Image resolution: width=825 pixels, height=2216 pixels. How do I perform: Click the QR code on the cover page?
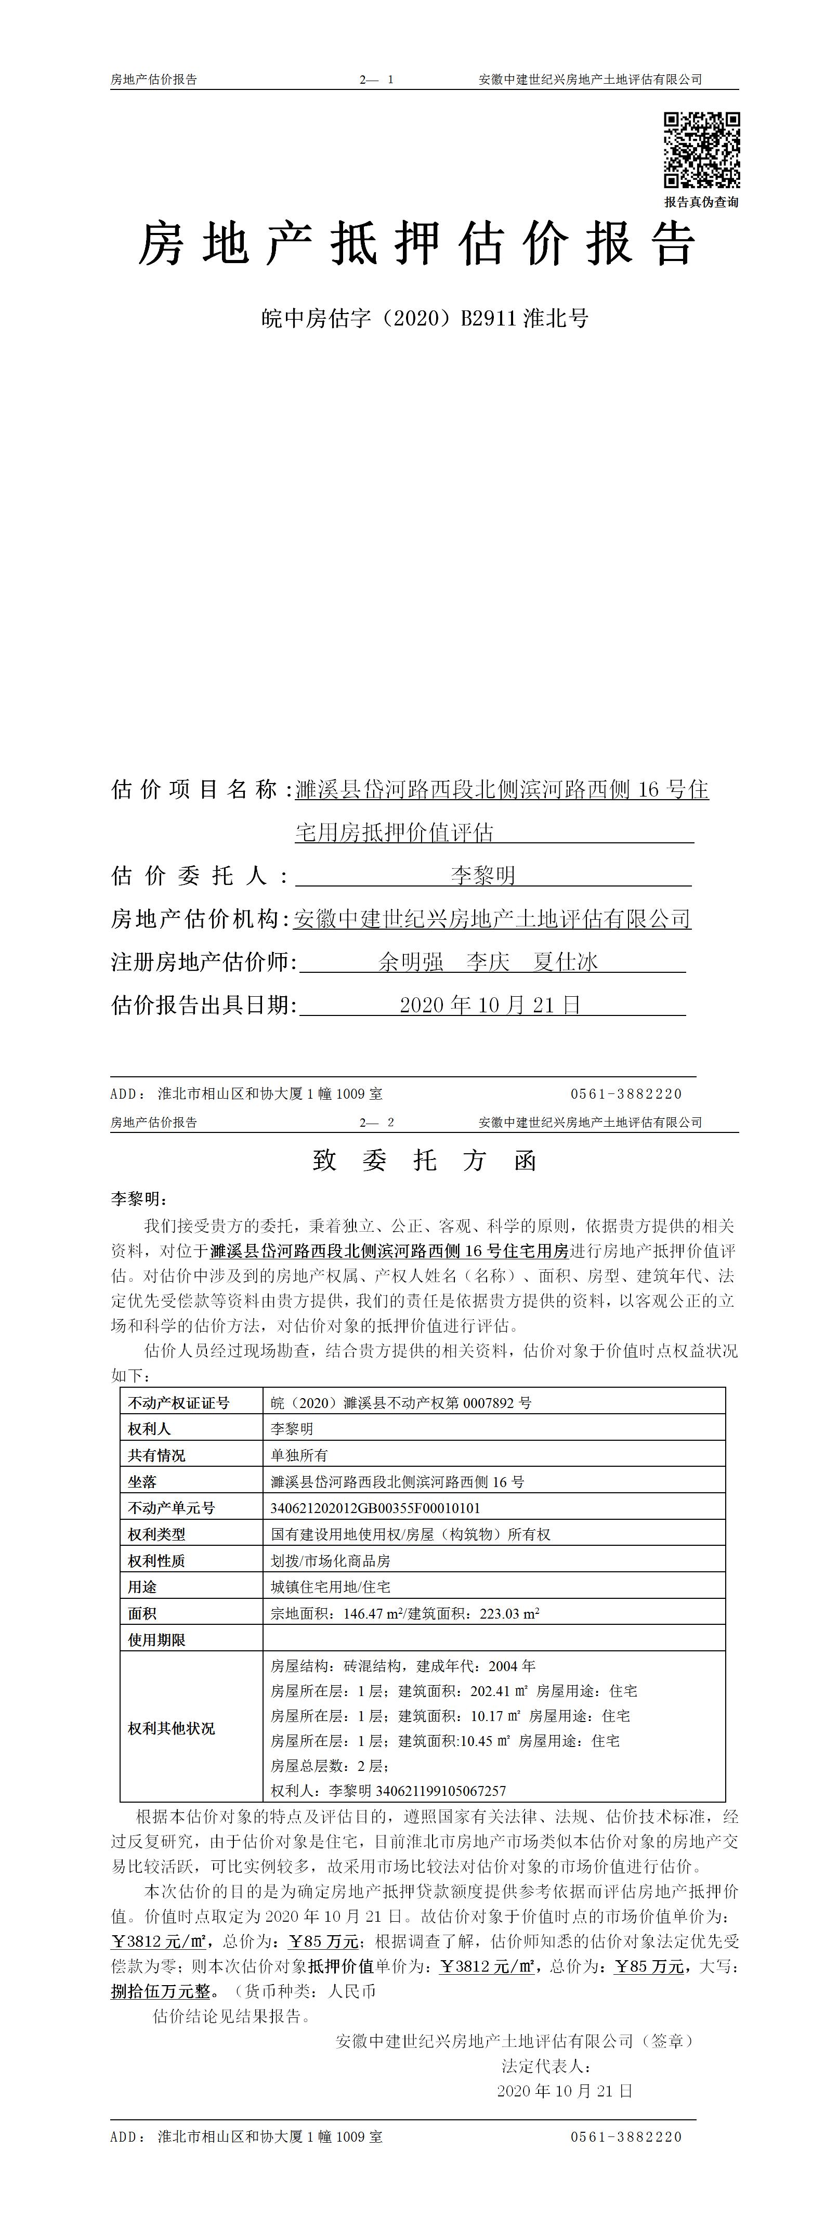pos(701,150)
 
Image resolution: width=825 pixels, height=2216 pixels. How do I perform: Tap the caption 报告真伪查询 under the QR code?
pos(701,202)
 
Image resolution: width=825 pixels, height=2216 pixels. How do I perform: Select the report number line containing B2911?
pos(425,319)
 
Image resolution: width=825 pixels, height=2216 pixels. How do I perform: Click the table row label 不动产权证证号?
pos(179,1403)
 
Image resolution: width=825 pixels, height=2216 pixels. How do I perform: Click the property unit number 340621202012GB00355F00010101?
pos(375,1508)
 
